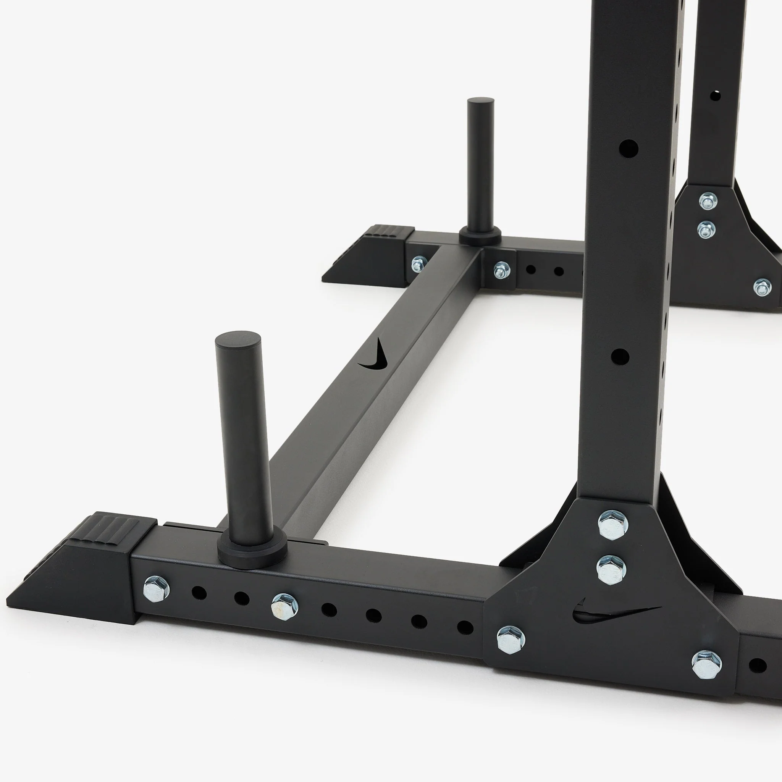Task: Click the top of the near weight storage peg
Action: [x=238, y=339]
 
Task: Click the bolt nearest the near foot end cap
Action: [x=157, y=587]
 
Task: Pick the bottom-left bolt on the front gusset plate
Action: [x=511, y=640]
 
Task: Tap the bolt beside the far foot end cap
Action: [x=419, y=264]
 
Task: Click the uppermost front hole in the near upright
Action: [x=628, y=149]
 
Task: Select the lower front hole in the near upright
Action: [x=620, y=357]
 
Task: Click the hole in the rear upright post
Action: [x=715, y=96]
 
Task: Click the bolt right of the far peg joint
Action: [x=501, y=269]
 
